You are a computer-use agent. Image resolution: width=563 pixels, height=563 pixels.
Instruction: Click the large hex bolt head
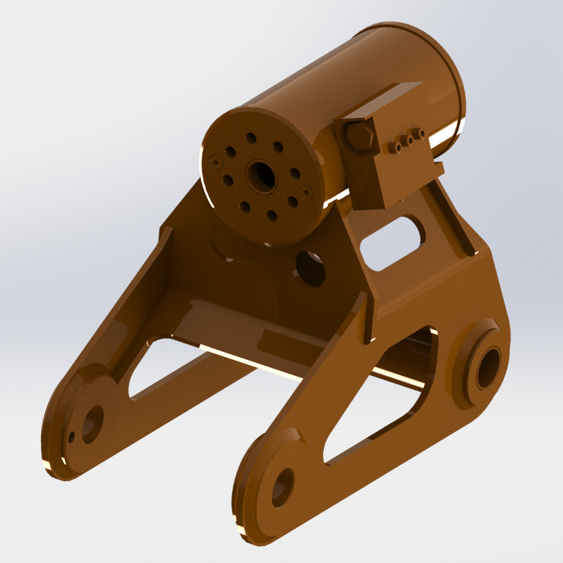click(359, 137)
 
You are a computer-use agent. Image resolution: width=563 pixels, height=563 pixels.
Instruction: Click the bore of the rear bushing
click(488, 368)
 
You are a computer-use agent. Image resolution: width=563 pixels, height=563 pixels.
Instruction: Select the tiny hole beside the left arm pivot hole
click(71, 437)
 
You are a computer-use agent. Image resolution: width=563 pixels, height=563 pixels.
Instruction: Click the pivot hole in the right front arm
click(282, 487)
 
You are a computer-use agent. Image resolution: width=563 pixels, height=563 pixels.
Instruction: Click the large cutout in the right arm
click(385, 397)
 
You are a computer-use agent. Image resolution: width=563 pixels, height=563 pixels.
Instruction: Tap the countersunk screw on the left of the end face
click(214, 161)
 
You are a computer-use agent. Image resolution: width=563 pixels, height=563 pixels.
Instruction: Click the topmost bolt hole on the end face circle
click(250, 139)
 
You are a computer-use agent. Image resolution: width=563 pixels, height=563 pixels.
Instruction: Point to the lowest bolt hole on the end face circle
click(272, 216)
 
